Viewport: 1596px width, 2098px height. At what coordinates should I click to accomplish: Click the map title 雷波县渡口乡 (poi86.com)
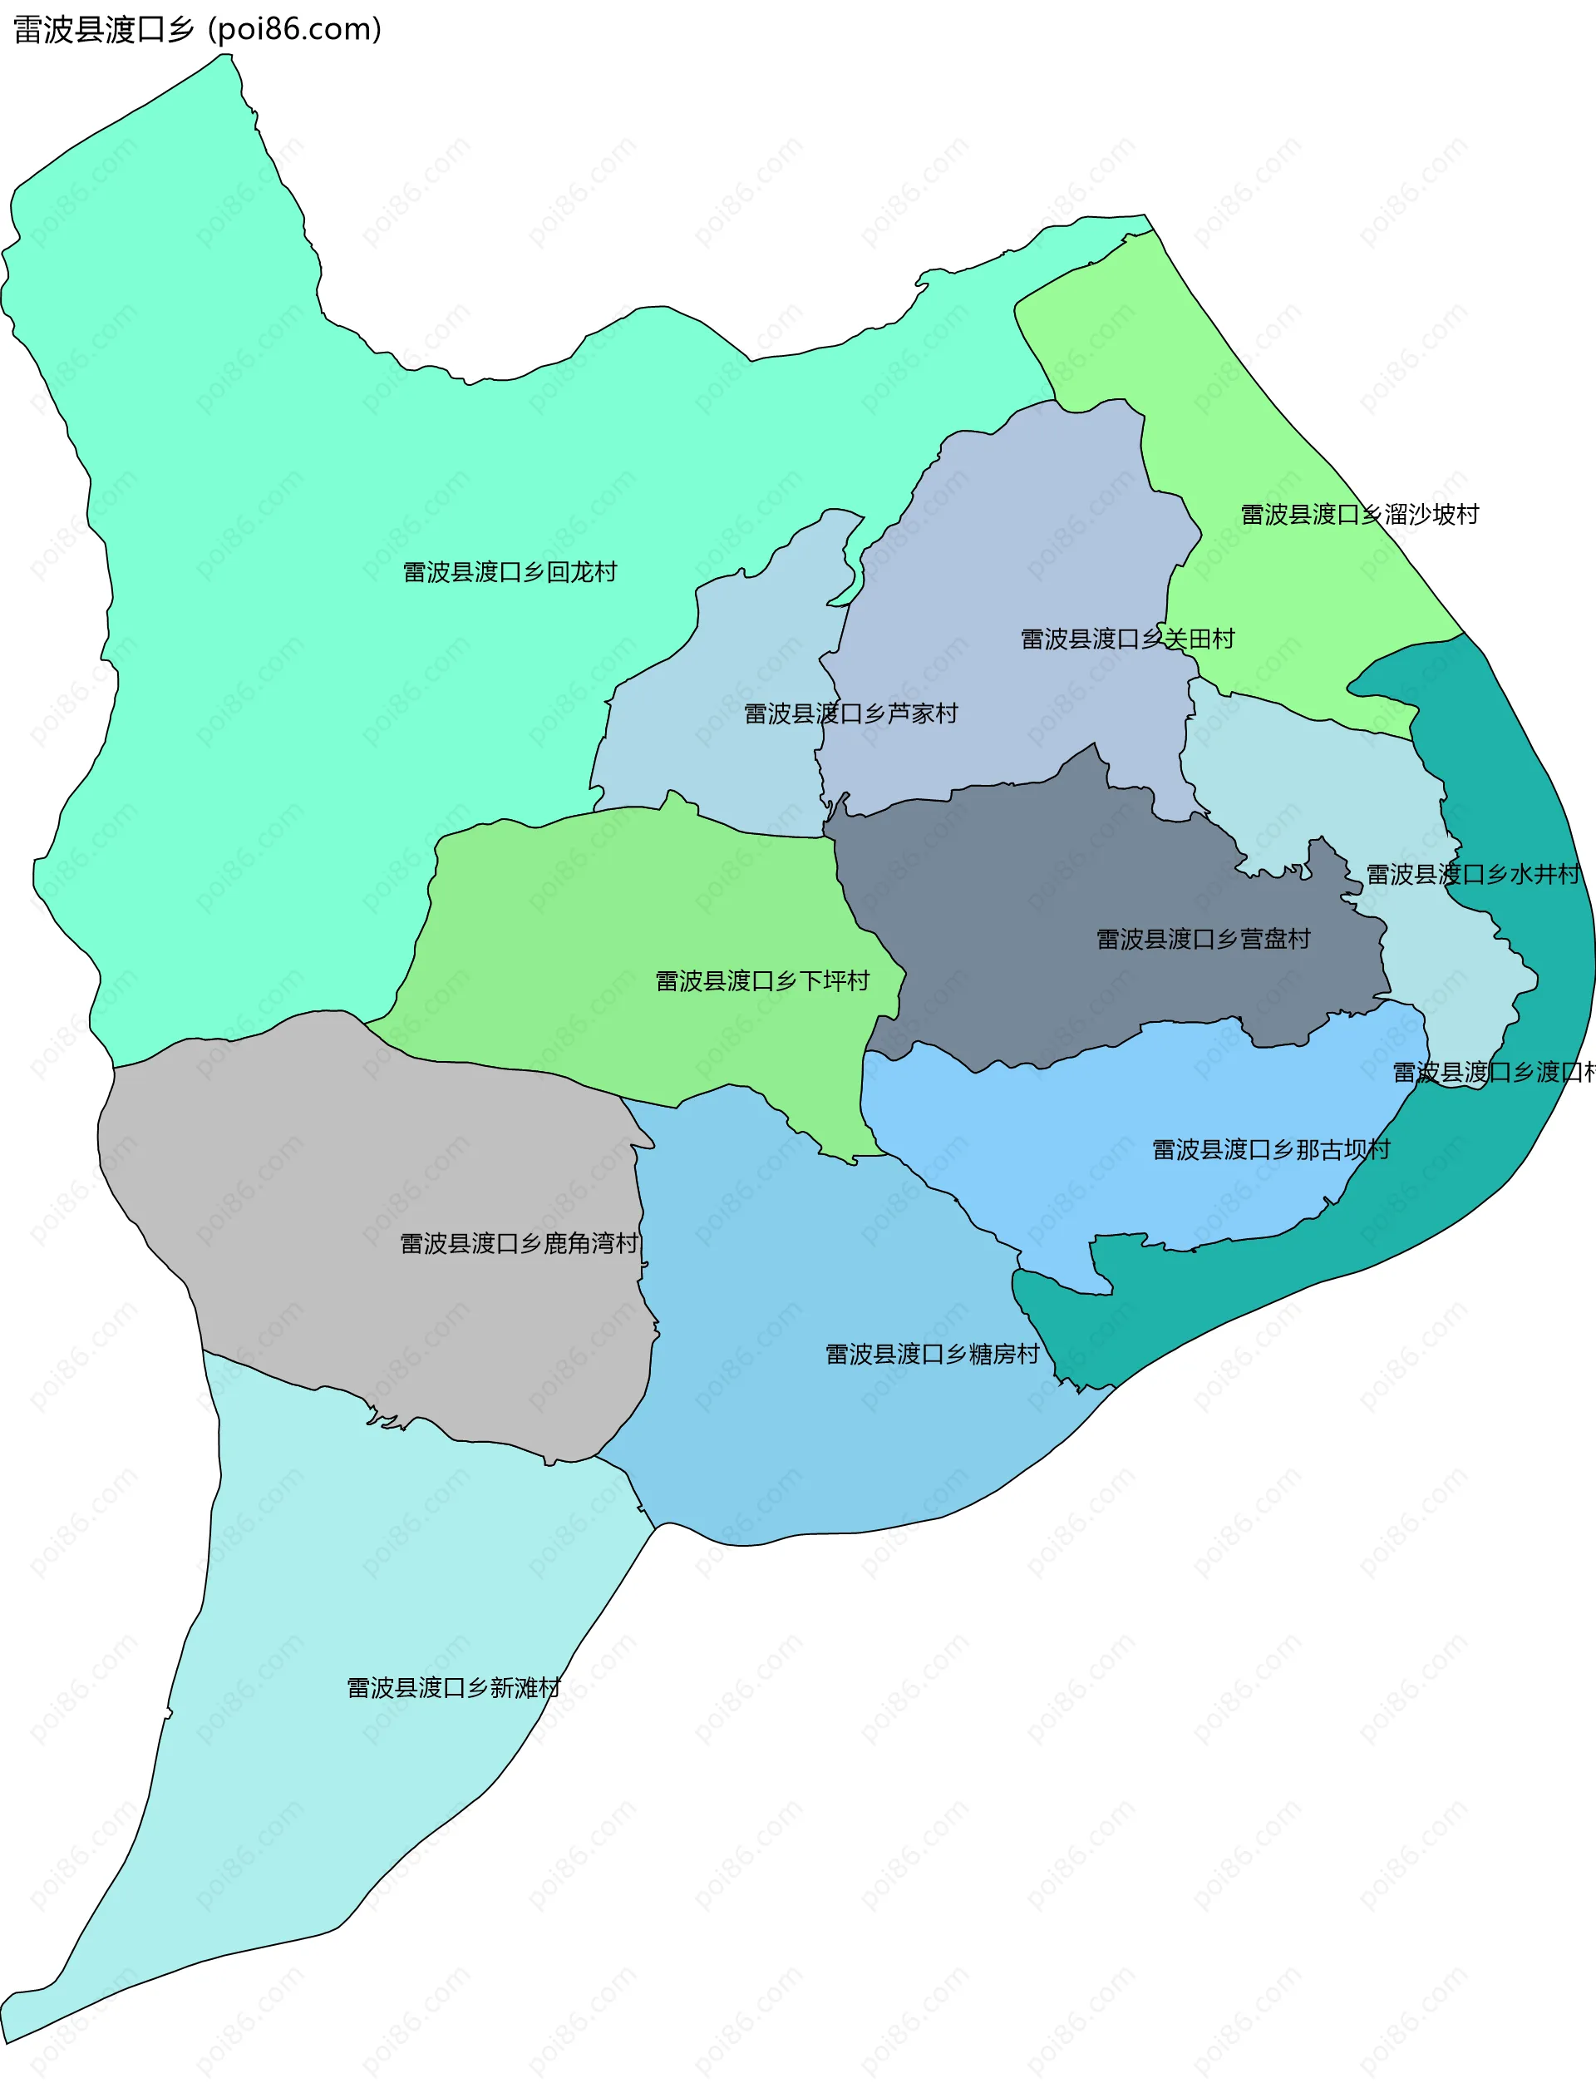198,29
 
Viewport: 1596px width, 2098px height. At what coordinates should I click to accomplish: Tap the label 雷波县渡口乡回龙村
510,572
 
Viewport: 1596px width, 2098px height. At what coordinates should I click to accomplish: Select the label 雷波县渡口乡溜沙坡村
1359,514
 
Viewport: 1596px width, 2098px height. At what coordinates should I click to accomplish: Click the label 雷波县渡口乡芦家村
850,713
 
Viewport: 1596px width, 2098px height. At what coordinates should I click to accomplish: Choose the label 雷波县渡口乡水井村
1471,874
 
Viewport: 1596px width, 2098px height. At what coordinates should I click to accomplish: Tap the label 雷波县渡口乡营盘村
1203,939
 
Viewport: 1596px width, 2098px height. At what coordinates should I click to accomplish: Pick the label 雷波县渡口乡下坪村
762,980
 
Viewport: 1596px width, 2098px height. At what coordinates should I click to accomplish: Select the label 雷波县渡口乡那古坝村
1270,1150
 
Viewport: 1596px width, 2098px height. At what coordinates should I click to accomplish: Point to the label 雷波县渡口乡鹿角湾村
519,1243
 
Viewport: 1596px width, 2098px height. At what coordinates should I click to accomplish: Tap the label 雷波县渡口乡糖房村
932,1354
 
